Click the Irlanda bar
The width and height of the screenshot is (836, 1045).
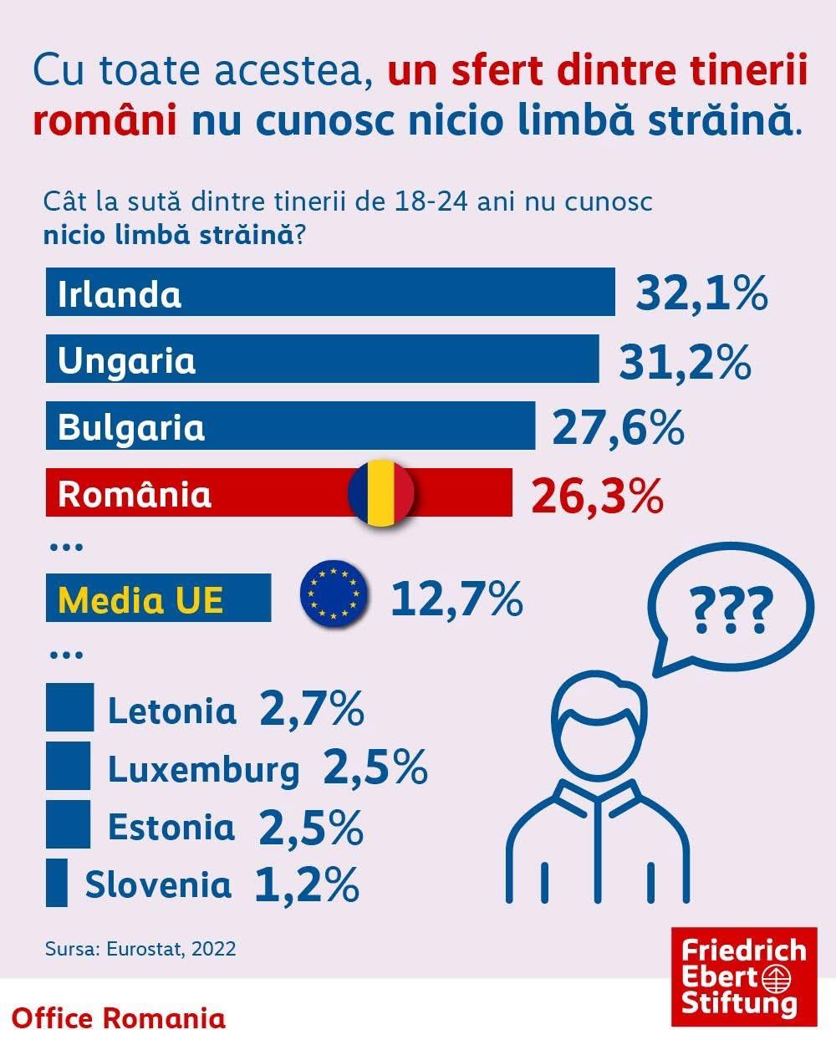pos(330,292)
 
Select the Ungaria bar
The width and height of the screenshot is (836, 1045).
pos(322,359)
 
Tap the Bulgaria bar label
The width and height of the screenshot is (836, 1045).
pos(131,426)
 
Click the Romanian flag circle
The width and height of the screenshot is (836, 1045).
pos(381,492)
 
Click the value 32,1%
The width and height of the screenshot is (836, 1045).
pos(701,293)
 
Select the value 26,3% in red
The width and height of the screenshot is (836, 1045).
pos(597,495)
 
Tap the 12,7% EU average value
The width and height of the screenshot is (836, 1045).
pos(456,599)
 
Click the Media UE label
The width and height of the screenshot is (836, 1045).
pos(141,599)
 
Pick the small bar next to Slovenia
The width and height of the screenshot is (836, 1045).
pos(57,883)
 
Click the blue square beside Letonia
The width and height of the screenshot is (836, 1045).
pos(69,707)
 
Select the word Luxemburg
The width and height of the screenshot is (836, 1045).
pos(203,770)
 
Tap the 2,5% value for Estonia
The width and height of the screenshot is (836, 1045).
pos(311,828)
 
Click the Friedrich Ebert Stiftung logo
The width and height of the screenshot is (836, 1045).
pos(732,976)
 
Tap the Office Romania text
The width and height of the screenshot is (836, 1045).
pos(120,1018)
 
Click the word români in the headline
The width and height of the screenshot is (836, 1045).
pos(104,120)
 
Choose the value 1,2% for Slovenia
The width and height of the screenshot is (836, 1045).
pos(306,885)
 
